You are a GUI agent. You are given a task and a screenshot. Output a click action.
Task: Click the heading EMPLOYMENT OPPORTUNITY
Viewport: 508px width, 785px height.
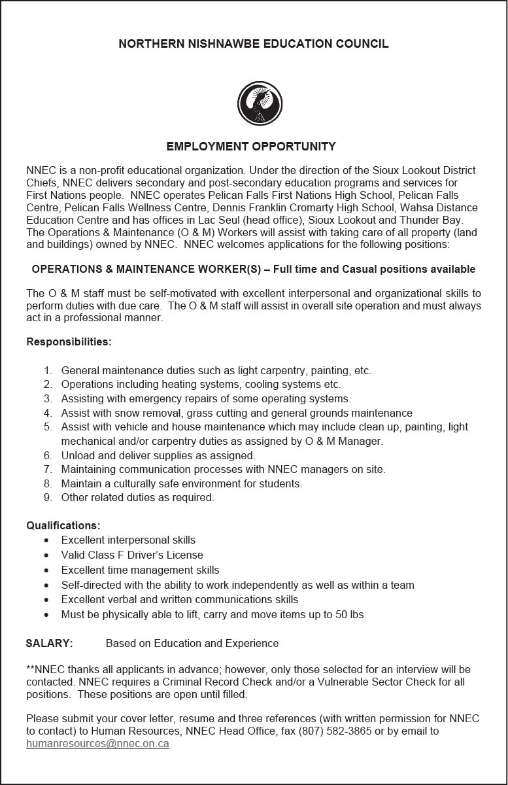251,147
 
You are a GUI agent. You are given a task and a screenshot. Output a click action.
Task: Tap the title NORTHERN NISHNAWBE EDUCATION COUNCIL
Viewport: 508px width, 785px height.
254,44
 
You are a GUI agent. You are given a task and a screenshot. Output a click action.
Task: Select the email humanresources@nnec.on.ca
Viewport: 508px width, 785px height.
97,744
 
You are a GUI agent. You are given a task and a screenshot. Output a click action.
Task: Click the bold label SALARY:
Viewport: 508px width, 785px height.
49,644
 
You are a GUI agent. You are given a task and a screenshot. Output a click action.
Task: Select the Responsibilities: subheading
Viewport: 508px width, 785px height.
69,342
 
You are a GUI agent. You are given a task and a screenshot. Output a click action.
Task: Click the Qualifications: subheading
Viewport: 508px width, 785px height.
63,526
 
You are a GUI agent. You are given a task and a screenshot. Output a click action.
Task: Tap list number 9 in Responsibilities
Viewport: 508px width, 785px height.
48,498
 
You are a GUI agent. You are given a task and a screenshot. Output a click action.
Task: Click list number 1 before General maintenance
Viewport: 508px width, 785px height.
48,371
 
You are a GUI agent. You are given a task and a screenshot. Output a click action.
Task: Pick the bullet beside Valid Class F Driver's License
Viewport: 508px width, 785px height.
46,555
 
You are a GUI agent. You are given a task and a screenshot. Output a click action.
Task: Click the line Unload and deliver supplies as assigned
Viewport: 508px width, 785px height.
158,455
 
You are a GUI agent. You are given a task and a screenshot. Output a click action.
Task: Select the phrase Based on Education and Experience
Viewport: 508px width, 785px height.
192,644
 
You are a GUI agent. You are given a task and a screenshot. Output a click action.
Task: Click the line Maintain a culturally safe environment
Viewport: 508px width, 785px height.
182,484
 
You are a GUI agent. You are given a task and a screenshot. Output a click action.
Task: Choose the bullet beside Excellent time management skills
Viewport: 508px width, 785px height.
46,570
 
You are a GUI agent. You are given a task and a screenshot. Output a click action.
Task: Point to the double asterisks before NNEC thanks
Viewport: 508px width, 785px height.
30,669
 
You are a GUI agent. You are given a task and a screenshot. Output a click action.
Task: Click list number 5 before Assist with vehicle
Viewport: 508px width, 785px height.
48,427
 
